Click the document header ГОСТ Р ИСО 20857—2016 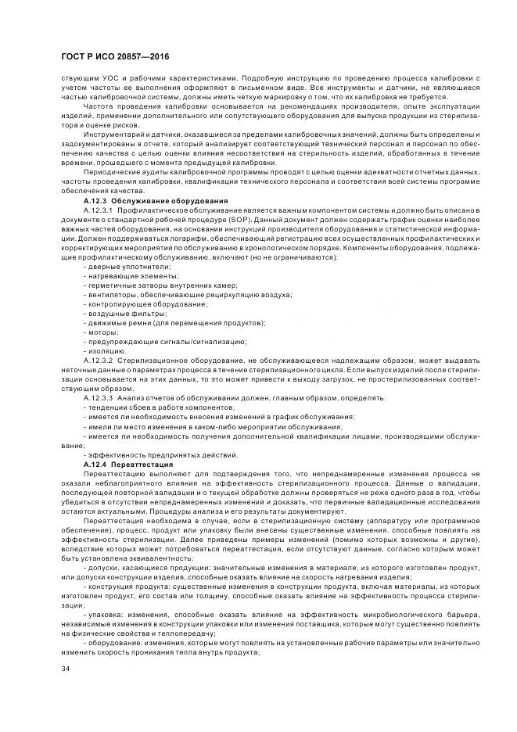[x=114, y=57]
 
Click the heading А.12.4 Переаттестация [x=120, y=464]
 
